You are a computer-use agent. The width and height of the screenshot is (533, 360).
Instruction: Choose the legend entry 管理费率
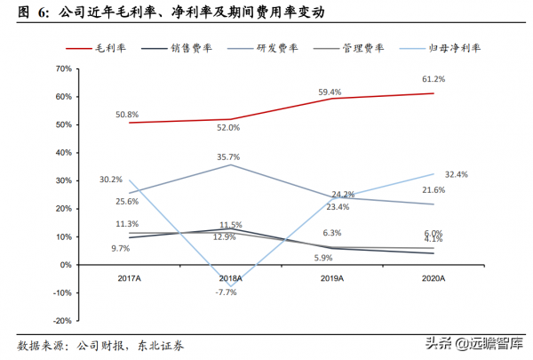(354, 48)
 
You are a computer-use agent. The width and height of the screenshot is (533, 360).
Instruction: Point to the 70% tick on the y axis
(62, 68)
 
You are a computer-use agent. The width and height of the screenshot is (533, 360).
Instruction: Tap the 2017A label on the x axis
(130, 278)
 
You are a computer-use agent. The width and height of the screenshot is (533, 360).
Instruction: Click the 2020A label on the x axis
(434, 278)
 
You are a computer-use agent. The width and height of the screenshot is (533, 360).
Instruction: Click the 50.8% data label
(129, 114)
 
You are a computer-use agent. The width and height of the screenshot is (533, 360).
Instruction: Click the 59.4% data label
(331, 92)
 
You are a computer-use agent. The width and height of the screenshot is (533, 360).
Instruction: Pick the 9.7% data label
(120, 249)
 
